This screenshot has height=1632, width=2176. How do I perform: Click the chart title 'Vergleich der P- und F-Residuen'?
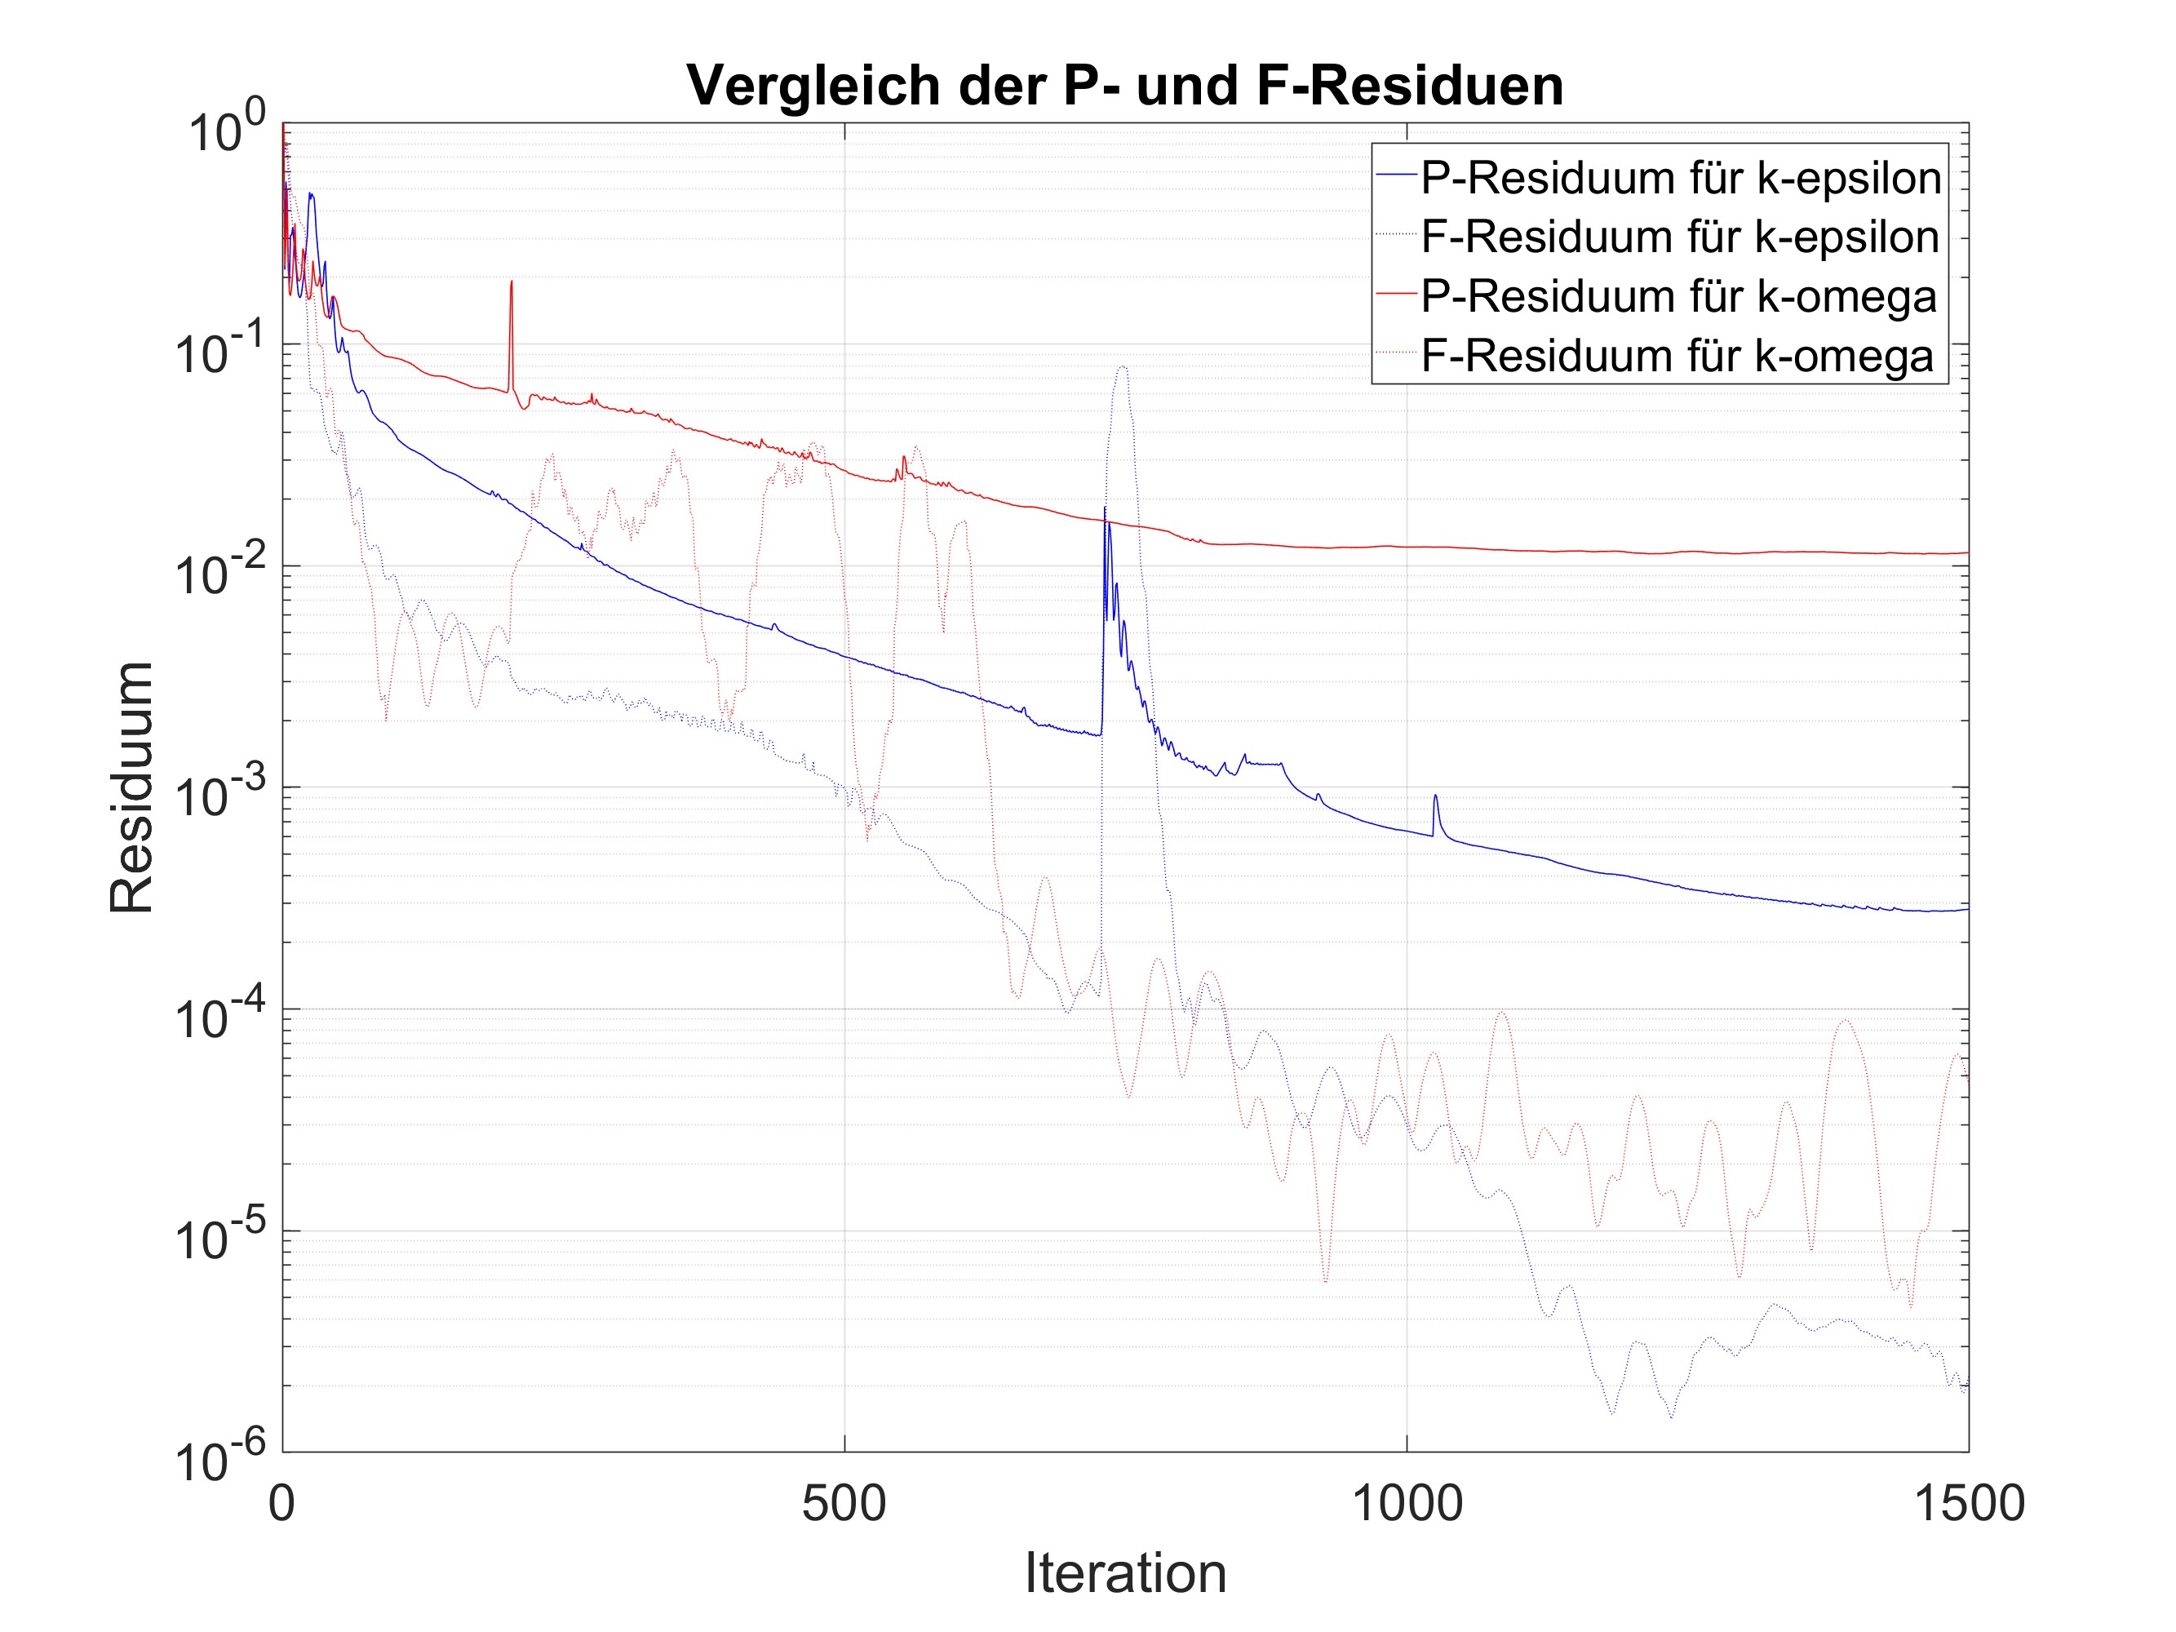tap(1124, 86)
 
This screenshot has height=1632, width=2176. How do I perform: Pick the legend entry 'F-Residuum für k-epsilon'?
tap(1680, 238)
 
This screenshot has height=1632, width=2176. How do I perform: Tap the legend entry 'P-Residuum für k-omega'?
tap(1678, 296)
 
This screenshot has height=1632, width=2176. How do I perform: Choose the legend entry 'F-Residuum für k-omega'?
tap(1677, 355)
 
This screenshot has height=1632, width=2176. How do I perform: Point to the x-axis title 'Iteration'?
tap(1125, 1572)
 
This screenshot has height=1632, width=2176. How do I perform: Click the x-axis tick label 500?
tap(844, 1503)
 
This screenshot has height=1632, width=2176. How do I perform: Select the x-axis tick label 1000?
tap(1407, 1503)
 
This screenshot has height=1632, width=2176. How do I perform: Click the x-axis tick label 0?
tap(282, 1503)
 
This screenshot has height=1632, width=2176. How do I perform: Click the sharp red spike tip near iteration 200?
tap(512, 282)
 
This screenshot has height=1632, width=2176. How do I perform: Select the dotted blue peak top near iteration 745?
tap(1121, 368)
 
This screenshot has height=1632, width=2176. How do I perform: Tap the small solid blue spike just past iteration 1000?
tap(1435, 796)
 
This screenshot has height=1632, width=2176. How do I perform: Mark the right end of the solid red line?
tap(1967, 553)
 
